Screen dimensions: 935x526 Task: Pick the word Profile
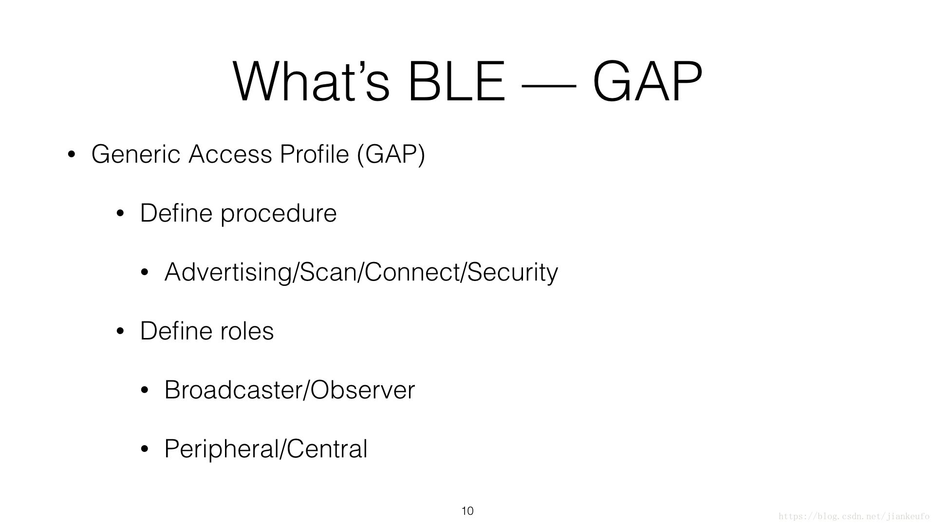[x=315, y=154]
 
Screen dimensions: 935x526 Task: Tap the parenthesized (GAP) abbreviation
[x=391, y=154]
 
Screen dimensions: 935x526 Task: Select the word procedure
[x=279, y=214]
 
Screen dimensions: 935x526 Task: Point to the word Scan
[x=328, y=272]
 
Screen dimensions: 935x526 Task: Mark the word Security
[x=513, y=273]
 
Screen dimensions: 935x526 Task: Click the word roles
[x=247, y=331]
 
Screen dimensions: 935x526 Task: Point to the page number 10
[x=467, y=511]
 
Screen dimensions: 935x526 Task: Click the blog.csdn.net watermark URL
[x=854, y=516]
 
